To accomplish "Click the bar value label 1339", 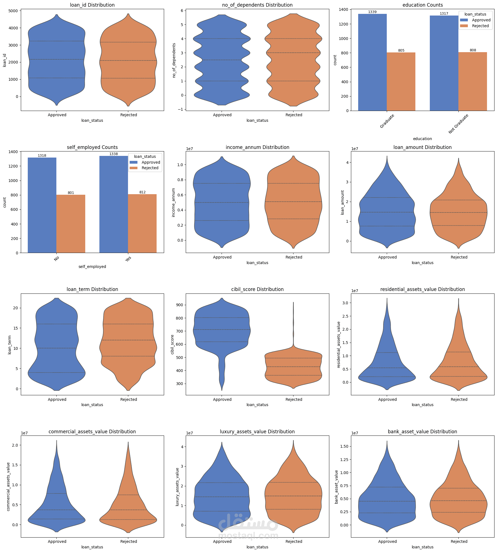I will pyautogui.click(x=372, y=12).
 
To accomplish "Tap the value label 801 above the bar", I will pyautogui.click(x=71, y=193).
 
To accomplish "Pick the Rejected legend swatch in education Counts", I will pyautogui.click(x=464, y=26).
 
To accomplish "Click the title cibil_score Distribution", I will pyautogui.click(x=257, y=289).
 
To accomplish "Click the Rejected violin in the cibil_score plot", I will pyautogui.click(x=293, y=369).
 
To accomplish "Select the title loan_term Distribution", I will pyautogui.click(x=92, y=289).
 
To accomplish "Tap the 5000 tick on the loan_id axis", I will pyautogui.click(x=13, y=11).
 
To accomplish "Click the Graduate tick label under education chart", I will pyautogui.click(x=387, y=121).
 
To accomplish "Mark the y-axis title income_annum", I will pyautogui.click(x=174, y=202).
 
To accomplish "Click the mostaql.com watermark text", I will pyautogui.click(x=248, y=535).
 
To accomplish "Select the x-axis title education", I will pyautogui.click(x=422, y=139).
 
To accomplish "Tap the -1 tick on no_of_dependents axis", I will pyautogui.click(x=181, y=109).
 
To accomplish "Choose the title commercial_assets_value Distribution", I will pyautogui.click(x=92, y=432).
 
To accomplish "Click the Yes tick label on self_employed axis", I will pyautogui.click(x=128, y=259).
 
